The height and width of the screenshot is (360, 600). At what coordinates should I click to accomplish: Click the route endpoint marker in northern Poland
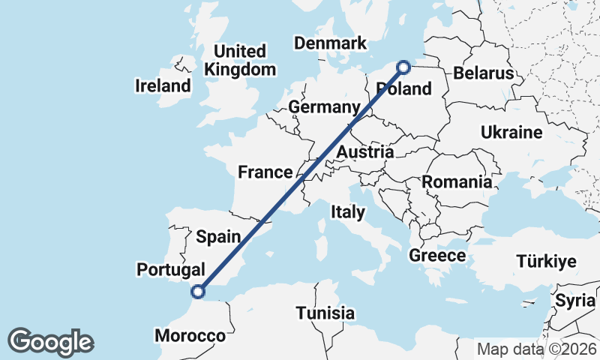(x=403, y=67)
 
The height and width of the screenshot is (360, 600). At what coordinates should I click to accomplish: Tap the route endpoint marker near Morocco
(x=198, y=292)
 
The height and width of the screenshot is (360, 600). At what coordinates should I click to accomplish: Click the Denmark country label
(x=330, y=43)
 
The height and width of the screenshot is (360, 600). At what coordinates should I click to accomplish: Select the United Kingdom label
(x=240, y=61)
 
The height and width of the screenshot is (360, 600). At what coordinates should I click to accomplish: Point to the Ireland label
(x=163, y=85)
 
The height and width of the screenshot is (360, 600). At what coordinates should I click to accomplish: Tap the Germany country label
(x=324, y=107)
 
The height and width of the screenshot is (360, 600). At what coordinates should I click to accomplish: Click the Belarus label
(x=483, y=73)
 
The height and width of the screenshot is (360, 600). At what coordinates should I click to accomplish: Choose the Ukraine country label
(x=511, y=133)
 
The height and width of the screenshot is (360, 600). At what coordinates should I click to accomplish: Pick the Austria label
(x=365, y=152)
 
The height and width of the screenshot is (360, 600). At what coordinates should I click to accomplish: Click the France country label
(x=265, y=172)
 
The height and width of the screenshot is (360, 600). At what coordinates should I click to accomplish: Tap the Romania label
(x=457, y=181)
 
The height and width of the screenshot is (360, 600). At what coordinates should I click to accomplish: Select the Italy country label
(x=348, y=212)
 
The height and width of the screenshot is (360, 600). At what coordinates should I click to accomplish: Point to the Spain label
(x=218, y=237)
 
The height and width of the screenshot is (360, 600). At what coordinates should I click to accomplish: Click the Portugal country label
(x=171, y=269)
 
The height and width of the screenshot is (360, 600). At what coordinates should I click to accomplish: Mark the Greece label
(x=437, y=256)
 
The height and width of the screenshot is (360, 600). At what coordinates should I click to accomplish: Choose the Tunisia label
(x=325, y=313)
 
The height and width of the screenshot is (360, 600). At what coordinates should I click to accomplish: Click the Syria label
(x=574, y=300)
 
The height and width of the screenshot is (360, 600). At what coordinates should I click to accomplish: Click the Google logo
(x=50, y=342)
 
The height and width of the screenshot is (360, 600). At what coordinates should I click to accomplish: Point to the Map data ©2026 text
(x=537, y=349)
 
